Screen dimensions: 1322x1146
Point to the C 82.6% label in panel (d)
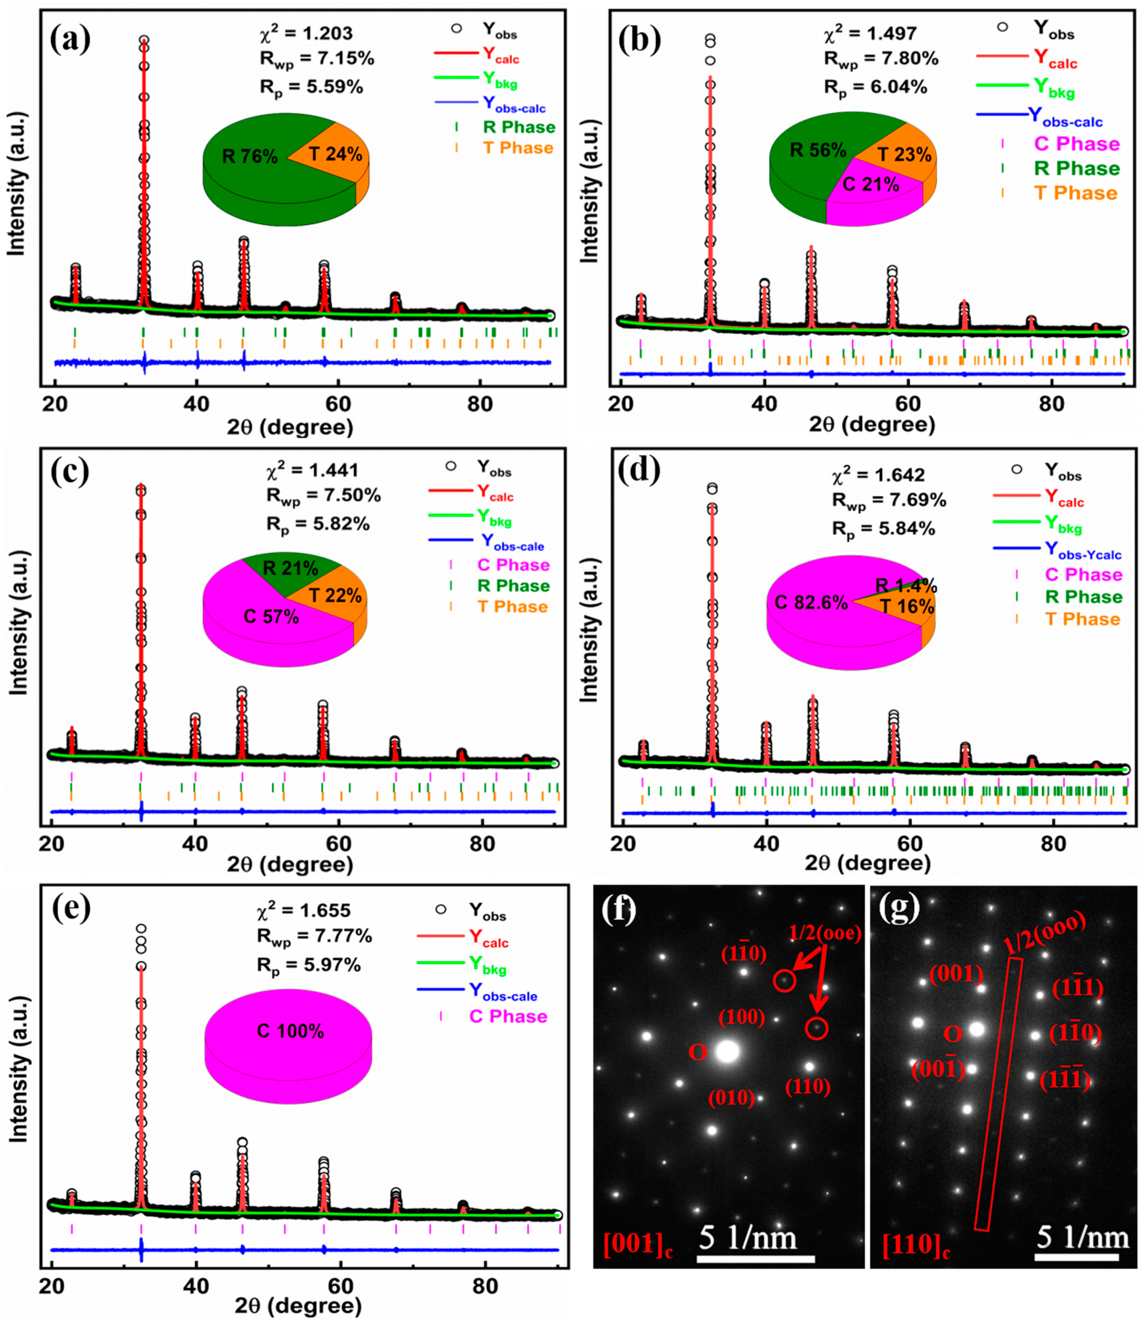click(811, 603)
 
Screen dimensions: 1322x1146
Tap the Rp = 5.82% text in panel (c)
click(318, 525)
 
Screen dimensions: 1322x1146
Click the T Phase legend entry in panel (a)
click(518, 148)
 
